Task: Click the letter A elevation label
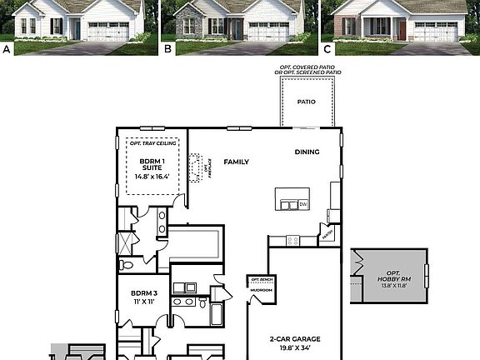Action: click(x=7, y=49)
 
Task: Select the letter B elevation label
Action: click(x=167, y=49)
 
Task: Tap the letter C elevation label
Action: click(x=327, y=49)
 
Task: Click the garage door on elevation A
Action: click(x=108, y=32)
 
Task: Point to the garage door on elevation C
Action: click(x=435, y=32)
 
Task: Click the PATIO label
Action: click(x=307, y=102)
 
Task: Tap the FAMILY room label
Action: click(x=237, y=161)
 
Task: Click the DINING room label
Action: click(x=307, y=152)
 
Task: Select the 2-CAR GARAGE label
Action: click(x=296, y=339)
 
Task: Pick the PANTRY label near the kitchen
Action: click(x=327, y=236)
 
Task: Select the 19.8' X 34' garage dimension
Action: click(x=296, y=349)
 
